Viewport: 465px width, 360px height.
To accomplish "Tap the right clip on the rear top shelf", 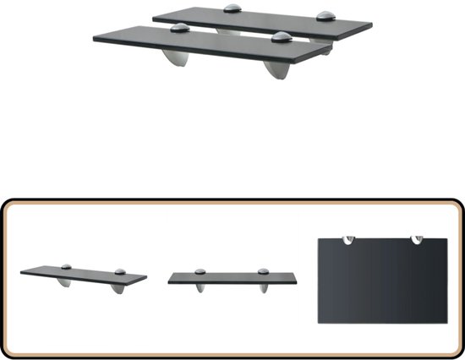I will pos(325,15).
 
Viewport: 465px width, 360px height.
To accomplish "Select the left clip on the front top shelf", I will pos(178,29).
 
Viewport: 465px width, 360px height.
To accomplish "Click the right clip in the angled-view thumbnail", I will pos(121,270).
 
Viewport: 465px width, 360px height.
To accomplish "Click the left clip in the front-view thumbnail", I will pos(200,272).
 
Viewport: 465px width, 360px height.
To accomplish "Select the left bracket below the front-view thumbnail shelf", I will pos(200,288).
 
